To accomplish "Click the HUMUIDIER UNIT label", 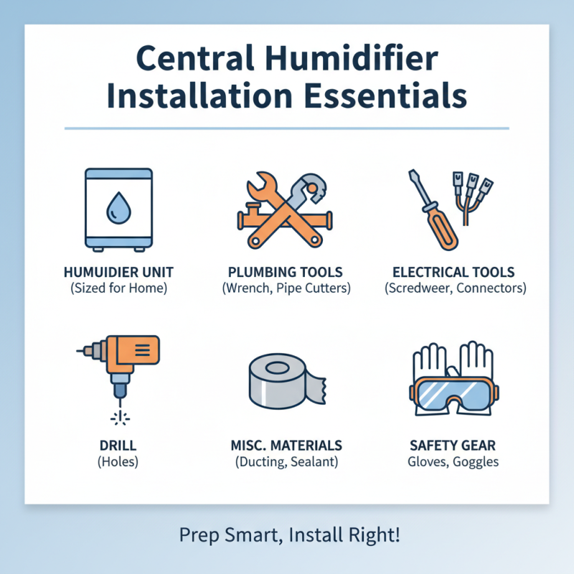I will (x=118, y=273).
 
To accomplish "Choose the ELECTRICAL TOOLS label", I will (x=454, y=273).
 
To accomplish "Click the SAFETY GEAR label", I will (x=454, y=446).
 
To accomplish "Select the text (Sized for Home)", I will (x=118, y=289).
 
